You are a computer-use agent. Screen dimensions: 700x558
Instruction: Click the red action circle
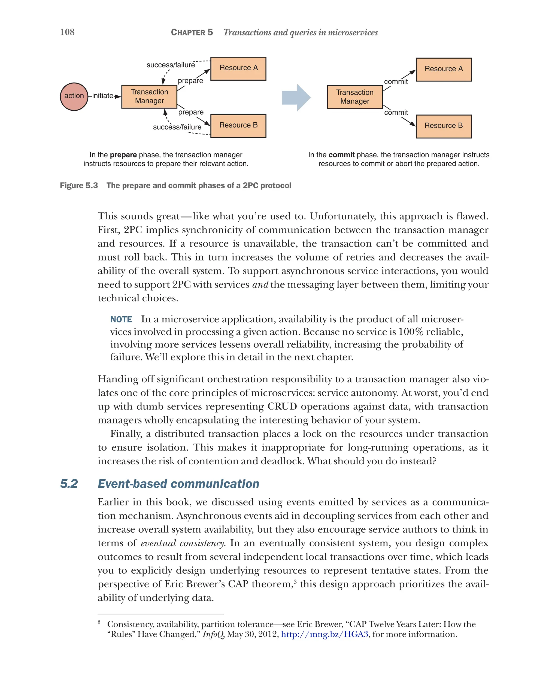(74, 96)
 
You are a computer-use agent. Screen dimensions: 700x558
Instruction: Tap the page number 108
(67, 32)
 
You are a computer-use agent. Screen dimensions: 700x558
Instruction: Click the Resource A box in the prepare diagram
(238, 68)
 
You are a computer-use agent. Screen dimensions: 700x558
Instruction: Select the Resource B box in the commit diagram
(443, 126)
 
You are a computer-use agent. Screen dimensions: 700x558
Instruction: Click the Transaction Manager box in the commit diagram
(354, 97)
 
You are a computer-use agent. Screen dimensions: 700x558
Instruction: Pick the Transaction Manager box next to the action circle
(149, 96)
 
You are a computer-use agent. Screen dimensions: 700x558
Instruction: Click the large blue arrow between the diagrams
(296, 97)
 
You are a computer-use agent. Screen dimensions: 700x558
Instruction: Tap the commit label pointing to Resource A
(396, 82)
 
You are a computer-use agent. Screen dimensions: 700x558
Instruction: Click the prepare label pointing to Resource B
(191, 112)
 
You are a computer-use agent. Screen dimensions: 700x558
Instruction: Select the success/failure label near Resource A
(171, 65)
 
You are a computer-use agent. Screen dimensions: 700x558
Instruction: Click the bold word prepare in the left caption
(123, 155)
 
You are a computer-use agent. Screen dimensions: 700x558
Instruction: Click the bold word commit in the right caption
(341, 155)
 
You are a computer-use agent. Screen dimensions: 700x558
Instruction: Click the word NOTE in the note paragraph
(121, 319)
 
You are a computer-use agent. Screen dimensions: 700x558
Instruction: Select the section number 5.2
(69, 484)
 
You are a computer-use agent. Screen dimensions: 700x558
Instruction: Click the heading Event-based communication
(178, 484)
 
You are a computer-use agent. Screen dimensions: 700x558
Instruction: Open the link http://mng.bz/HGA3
(324, 634)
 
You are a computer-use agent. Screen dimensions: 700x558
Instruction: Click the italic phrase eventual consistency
(183, 543)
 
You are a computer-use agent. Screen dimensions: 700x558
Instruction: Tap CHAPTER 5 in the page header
(192, 32)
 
